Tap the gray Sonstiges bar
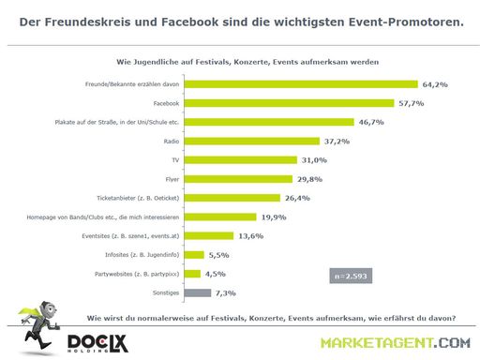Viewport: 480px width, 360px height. [198, 292]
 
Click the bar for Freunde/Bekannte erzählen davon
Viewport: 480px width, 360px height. [302, 84]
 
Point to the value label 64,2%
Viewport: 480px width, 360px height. [435, 84]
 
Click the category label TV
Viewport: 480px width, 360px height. [174, 160]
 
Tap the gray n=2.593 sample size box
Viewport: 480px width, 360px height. [352, 275]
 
